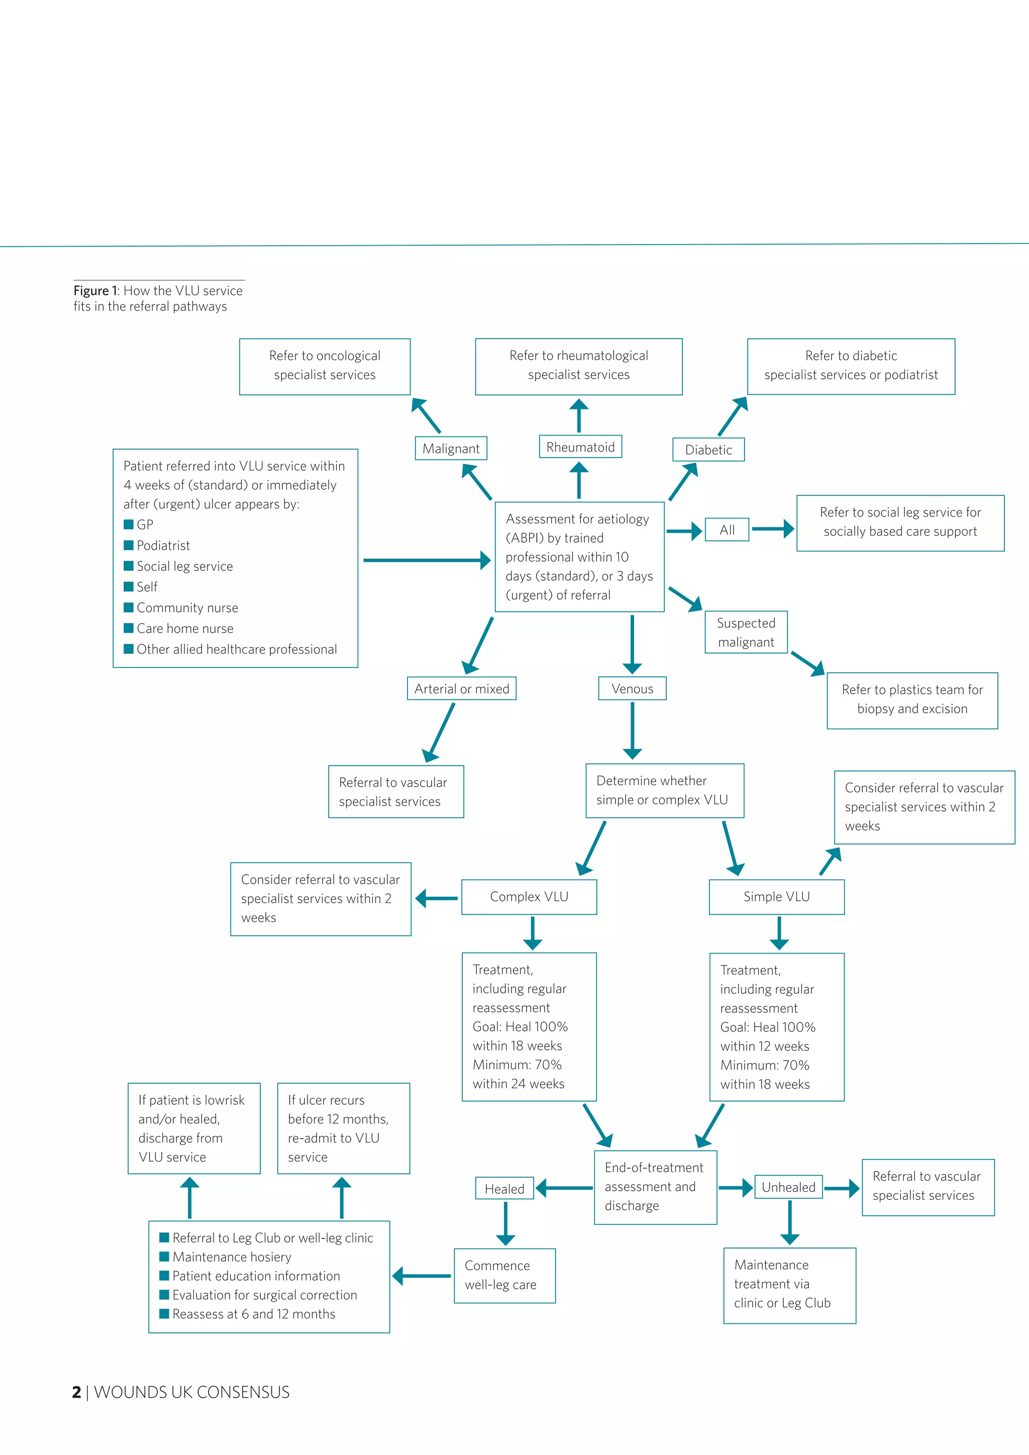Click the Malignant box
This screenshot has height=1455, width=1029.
(451, 449)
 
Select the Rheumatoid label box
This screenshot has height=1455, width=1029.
(580, 447)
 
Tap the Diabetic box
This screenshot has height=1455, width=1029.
(708, 450)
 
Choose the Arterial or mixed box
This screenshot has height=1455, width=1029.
(461, 689)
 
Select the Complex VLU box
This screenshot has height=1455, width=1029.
(529, 897)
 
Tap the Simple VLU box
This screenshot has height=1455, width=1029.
(776, 897)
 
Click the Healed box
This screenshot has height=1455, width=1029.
(504, 1189)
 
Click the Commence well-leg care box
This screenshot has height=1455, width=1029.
(504, 1275)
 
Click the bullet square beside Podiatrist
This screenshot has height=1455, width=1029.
(129, 545)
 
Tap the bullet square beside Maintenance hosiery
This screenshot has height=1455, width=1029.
(164, 1256)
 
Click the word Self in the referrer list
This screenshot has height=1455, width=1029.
(147, 587)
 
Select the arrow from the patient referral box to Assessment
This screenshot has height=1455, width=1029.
(425, 560)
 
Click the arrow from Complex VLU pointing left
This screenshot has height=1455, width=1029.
(437, 899)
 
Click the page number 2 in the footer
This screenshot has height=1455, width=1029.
(77, 1392)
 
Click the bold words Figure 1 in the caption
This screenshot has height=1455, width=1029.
(95, 291)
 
